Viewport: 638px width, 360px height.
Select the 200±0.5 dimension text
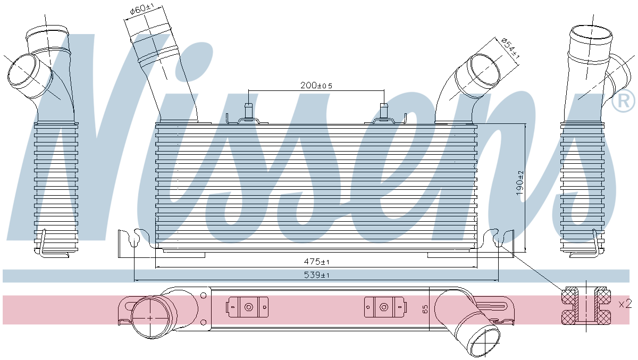(x=316, y=85)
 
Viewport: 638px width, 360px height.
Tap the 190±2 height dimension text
(x=520, y=183)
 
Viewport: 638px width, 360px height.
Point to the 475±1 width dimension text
(x=316, y=261)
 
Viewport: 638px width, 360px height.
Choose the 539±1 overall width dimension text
(x=317, y=275)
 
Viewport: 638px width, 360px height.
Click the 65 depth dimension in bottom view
(x=425, y=309)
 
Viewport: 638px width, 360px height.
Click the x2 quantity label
(x=625, y=304)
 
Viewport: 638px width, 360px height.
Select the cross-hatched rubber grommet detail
(x=586, y=306)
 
